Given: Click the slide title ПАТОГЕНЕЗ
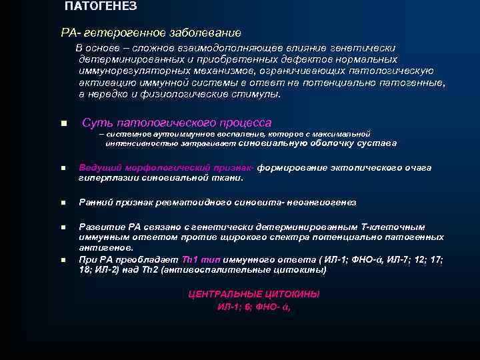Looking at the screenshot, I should [101, 7].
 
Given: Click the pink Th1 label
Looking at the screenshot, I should [191, 259].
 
